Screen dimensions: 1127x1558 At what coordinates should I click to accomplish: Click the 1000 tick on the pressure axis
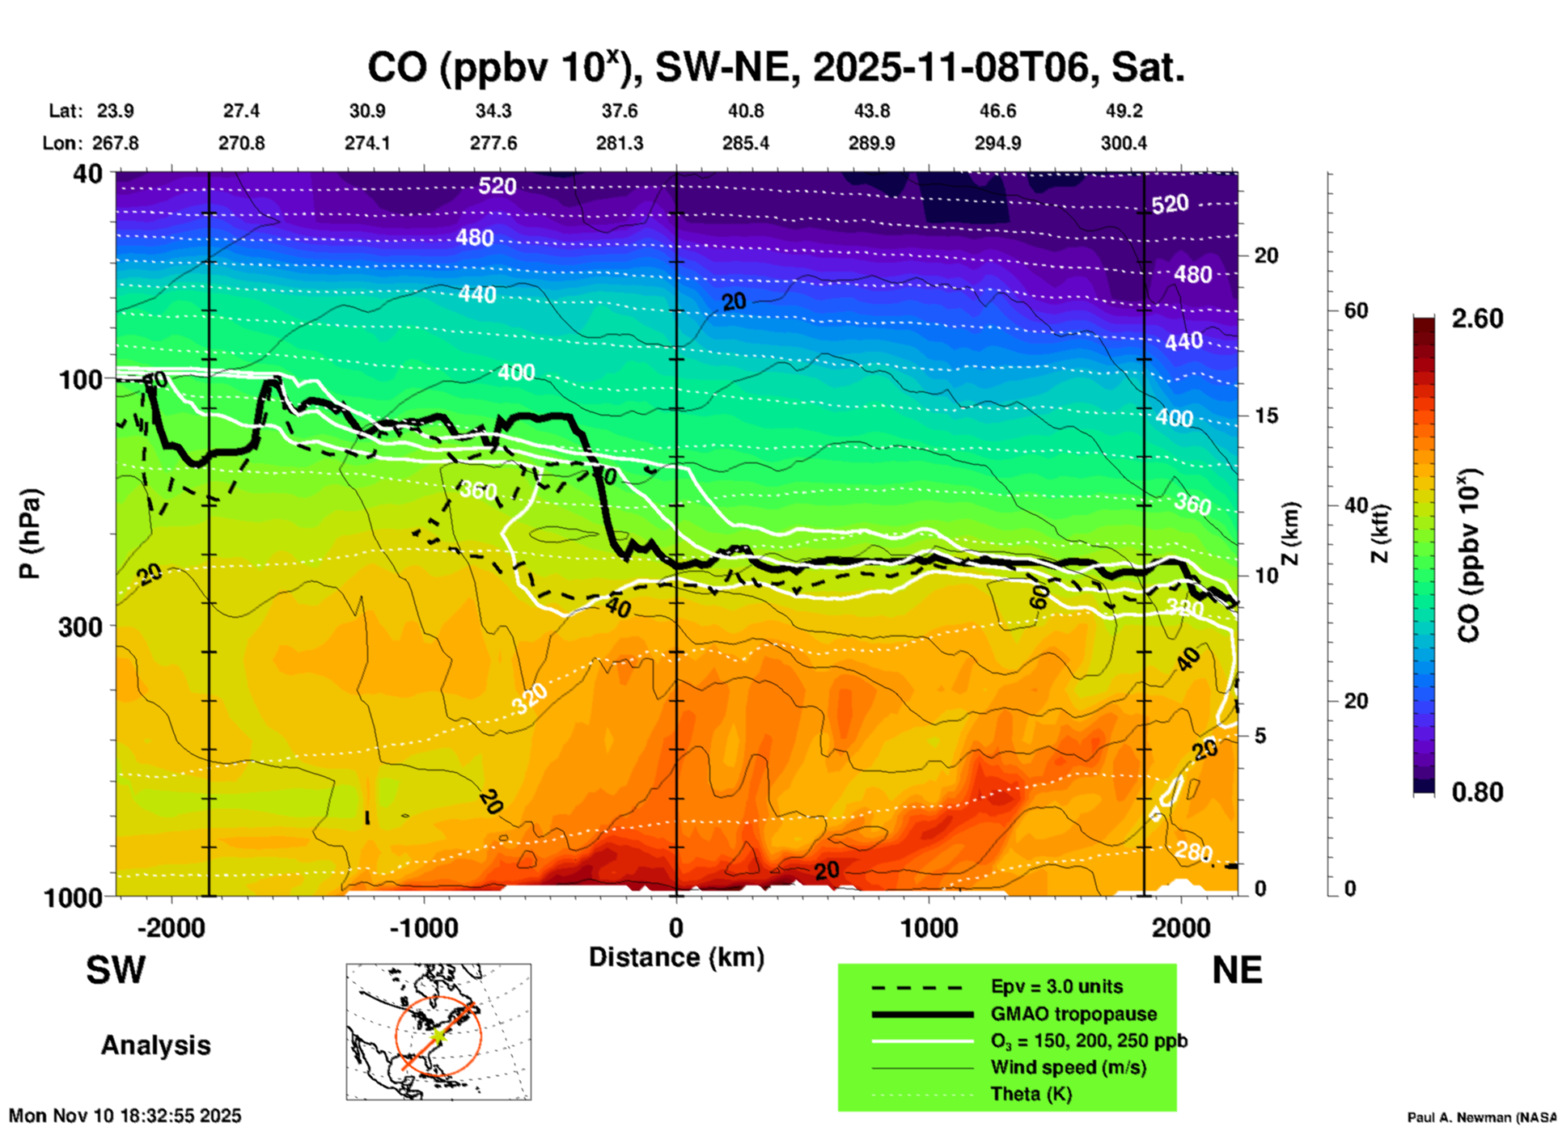click(x=79, y=897)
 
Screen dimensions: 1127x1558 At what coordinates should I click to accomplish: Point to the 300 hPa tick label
click(x=79, y=627)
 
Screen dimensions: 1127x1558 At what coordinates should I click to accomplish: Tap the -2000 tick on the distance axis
click(x=171, y=927)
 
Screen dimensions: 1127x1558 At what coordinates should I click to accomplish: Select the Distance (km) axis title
click(x=676, y=957)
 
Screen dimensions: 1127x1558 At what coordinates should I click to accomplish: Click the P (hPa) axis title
click(x=30, y=534)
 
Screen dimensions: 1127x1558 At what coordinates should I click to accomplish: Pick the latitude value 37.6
click(x=620, y=111)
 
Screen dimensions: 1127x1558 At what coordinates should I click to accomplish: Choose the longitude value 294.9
click(x=997, y=143)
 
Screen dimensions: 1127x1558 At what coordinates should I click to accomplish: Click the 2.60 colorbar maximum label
click(x=1477, y=319)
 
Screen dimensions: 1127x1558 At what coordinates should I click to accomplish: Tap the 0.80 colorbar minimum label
click(x=1477, y=792)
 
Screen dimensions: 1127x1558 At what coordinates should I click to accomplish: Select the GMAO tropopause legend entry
click(x=1073, y=1014)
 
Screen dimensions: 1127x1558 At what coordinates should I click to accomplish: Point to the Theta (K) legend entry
click(x=1031, y=1094)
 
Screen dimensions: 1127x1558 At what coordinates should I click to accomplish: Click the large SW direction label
click(x=116, y=970)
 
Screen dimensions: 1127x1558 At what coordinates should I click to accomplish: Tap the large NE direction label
click(x=1237, y=970)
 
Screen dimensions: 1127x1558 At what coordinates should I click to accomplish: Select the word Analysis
click(x=155, y=1045)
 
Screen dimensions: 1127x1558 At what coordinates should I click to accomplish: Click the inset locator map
click(x=438, y=1032)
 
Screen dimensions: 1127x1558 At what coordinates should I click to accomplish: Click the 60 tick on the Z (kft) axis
click(x=1356, y=310)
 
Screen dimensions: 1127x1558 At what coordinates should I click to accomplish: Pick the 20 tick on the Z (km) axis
click(x=1266, y=256)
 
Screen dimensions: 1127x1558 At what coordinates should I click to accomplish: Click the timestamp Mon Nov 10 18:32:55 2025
click(x=125, y=1116)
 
